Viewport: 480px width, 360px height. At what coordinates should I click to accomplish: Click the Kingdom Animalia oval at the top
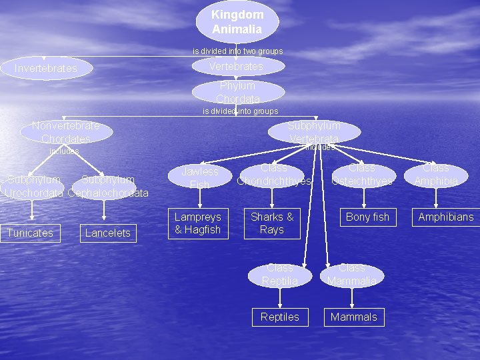point(237,21)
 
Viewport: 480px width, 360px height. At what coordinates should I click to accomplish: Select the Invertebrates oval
point(46,68)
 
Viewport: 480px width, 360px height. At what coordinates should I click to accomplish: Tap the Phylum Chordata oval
point(238,92)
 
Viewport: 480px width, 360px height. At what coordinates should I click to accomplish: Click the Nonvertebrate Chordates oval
point(65,132)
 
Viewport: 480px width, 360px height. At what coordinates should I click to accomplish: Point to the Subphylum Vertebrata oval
point(314,132)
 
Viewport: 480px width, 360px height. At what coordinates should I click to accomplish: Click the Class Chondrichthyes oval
point(273,175)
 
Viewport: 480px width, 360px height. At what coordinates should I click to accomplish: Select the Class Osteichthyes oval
point(362,175)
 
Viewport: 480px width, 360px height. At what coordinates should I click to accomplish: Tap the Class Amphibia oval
point(436,175)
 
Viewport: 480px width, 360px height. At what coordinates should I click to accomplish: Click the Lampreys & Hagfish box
point(197,223)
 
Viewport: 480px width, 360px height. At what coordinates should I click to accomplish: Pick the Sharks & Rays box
point(272,223)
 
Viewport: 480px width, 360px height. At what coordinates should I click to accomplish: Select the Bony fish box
point(367,217)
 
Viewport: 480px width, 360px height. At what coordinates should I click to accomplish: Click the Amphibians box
point(446,217)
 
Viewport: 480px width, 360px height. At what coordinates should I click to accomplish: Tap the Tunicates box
point(30,233)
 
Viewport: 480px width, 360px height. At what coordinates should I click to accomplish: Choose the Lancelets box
point(108,233)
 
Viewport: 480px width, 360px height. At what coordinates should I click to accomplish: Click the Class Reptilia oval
point(280,275)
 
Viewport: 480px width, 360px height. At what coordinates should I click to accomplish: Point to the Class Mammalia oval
point(352,275)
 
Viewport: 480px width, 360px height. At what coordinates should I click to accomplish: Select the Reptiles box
point(280,317)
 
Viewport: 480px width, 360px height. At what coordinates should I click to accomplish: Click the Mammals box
point(354,317)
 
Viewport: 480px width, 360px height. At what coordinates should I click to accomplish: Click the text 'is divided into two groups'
point(238,51)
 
